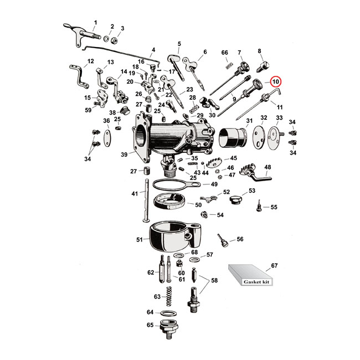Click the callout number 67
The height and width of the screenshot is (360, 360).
[x=274, y=266]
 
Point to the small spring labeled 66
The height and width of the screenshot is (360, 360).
[x=227, y=66]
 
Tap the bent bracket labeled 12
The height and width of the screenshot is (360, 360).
[x=79, y=76]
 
